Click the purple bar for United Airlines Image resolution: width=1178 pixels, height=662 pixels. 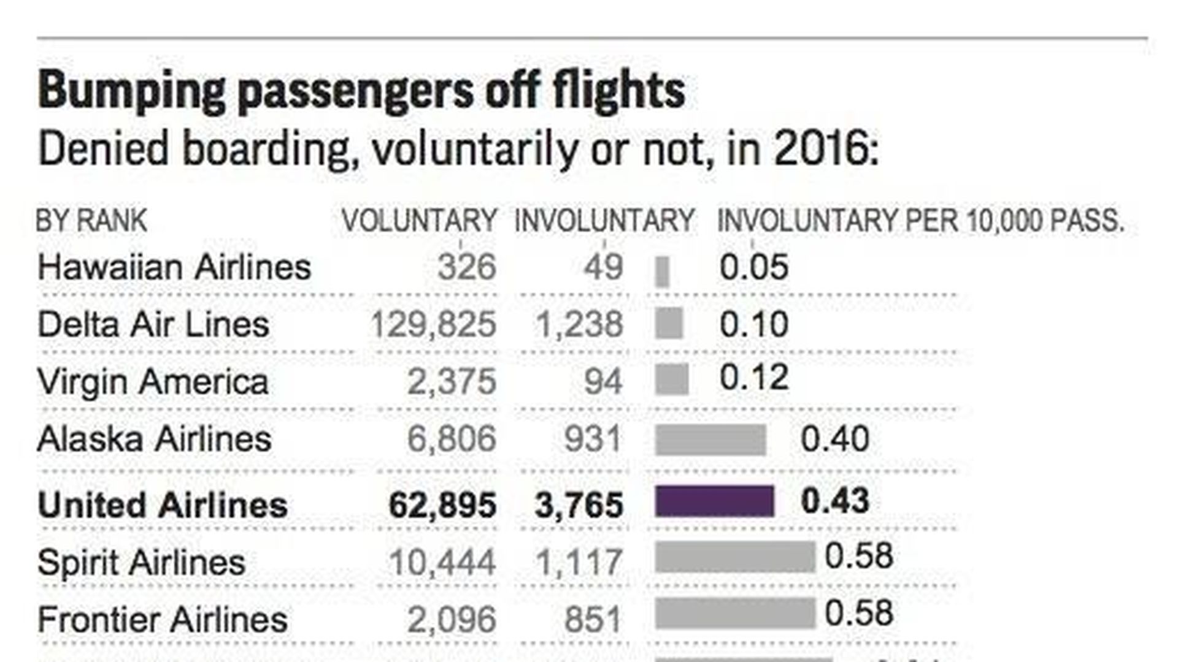click(x=714, y=501)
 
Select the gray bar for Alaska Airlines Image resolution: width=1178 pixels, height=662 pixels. click(x=710, y=439)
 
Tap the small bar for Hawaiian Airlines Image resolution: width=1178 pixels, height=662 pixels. click(x=662, y=272)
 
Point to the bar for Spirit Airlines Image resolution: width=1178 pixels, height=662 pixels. click(x=735, y=557)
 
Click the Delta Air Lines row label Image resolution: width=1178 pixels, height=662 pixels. click(x=153, y=324)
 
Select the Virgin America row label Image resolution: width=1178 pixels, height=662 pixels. click(x=153, y=382)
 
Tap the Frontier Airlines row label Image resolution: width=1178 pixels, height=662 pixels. click(x=163, y=620)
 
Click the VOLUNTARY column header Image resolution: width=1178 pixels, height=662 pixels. click(x=419, y=221)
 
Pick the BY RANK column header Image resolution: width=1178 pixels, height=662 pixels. click(x=91, y=221)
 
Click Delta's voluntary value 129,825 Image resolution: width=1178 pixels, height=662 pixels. click(x=433, y=324)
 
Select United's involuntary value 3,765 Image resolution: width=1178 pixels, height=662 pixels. click(x=579, y=505)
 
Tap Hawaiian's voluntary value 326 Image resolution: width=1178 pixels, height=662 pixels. click(x=466, y=267)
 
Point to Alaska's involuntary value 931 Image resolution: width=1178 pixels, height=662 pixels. click(x=593, y=439)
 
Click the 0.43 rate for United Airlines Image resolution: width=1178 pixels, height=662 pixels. click(x=835, y=501)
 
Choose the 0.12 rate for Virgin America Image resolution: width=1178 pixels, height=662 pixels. click(x=753, y=378)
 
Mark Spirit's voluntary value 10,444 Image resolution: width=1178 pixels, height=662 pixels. click(x=442, y=562)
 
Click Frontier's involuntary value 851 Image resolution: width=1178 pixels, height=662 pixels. click(x=593, y=620)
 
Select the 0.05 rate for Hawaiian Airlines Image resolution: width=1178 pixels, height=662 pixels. click(x=753, y=267)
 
